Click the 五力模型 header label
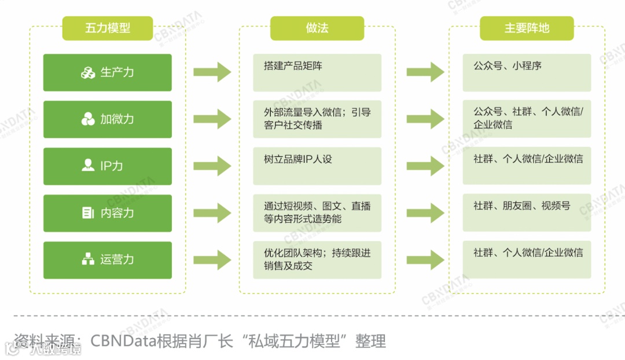[x=108, y=28]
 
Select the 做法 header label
[x=317, y=28]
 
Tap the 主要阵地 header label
[x=527, y=28]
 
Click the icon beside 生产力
[x=88, y=73]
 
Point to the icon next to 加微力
[x=88, y=120]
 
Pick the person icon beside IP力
[x=88, y=166]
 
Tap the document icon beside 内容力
[x=88, y=213]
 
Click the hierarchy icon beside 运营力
[x=88, y=259]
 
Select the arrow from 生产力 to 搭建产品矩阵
[x=212, y=73]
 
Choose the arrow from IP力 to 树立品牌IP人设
[x=212, y=166]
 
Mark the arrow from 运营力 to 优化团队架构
[x=212, y=259]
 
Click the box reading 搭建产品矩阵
[x=317, y=72]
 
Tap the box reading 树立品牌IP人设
[x=317, y=166]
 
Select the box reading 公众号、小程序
[x=527, y=72]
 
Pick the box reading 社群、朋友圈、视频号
[x=527, y=212]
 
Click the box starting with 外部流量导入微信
[x=317, y=119]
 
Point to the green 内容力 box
[x=108, y=213]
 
